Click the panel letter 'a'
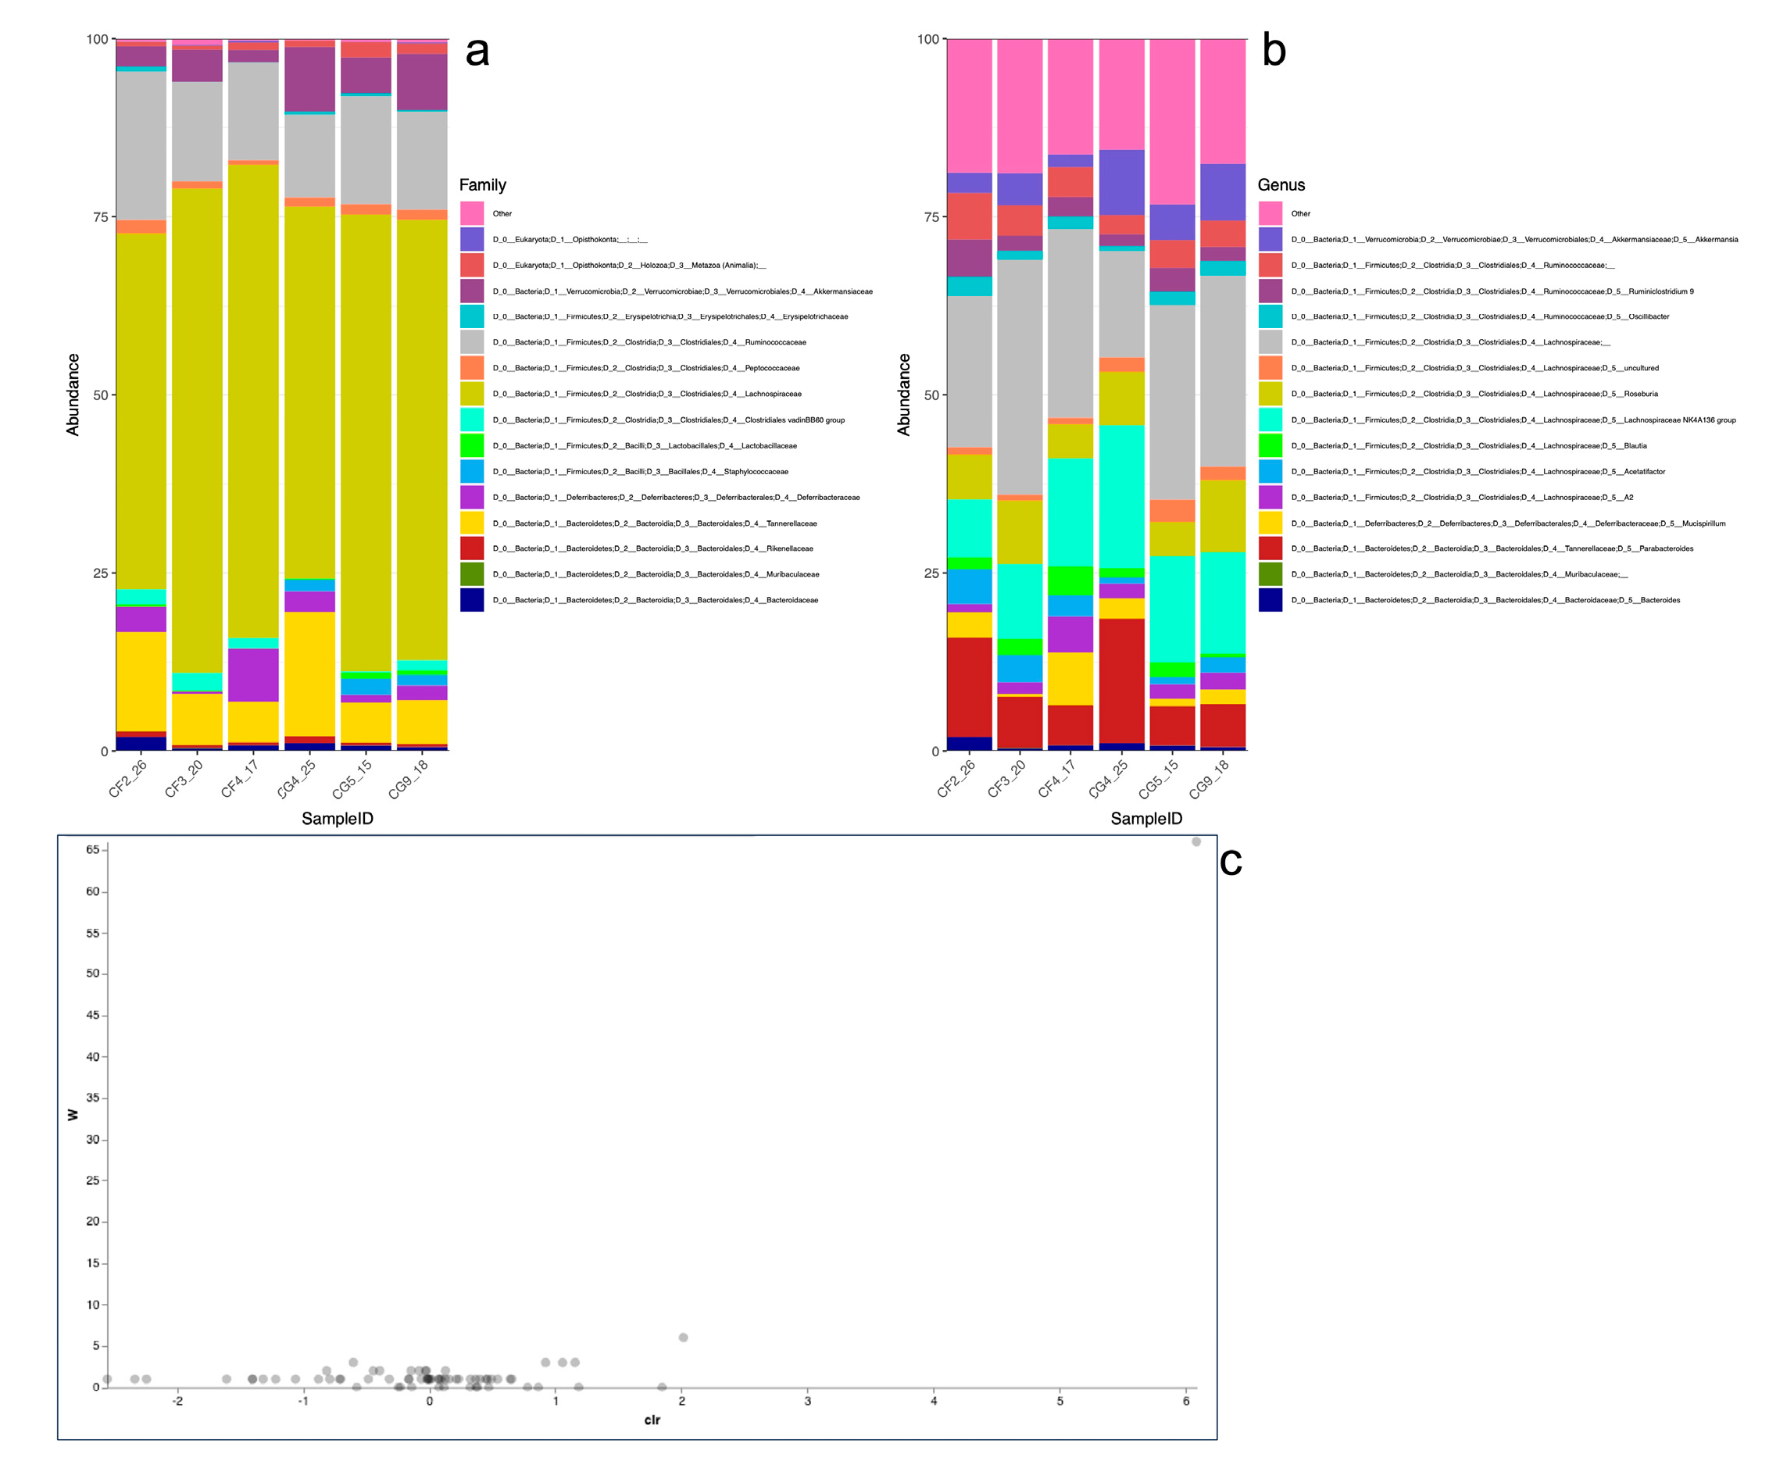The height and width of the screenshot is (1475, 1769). pos(477,52)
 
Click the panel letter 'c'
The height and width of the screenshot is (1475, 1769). pos(1230,862)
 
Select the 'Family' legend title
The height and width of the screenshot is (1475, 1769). pos(482,184)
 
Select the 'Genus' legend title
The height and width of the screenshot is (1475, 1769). pos(1281,184)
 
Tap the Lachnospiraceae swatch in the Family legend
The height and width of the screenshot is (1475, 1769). pos(472,395)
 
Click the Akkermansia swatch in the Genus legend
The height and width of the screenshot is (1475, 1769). pos(1270,239)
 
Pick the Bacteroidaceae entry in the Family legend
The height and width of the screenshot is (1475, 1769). pos(656,600)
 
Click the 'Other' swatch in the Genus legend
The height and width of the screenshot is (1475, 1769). pos(1270,213)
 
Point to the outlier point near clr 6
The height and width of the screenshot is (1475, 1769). pos(1196,841)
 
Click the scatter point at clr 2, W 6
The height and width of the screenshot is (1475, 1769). pos(683,1337)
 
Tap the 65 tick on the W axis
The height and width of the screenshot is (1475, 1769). pos(93,849)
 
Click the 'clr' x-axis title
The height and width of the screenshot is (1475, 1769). pos(652,1420)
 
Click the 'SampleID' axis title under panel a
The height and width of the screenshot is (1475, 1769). pos(337,818)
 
